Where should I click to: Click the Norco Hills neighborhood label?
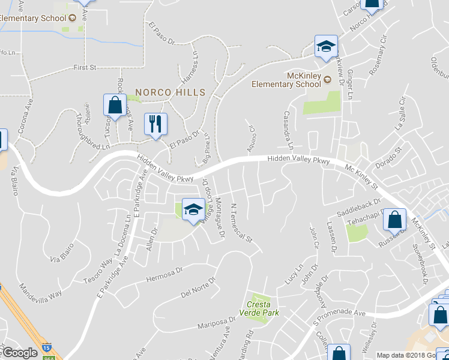click(170, 92)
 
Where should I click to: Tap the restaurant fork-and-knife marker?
click(155, 124)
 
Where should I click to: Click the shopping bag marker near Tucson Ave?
click(114, 106)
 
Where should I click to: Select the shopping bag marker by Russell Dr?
click(396, 220)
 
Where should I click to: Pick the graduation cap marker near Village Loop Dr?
click(193, 209)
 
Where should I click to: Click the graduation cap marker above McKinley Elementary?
click(326, 47)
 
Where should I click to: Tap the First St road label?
click(85, 68)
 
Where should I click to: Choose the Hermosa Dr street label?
click(163, 275)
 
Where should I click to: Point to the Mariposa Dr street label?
click(218, 324)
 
